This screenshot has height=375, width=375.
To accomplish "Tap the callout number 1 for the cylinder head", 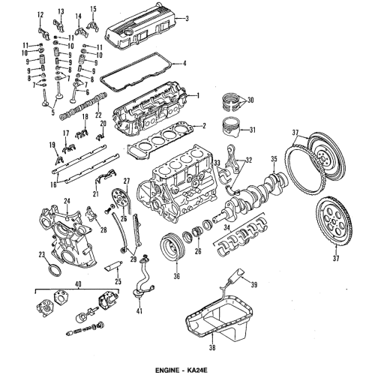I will click(197, 96).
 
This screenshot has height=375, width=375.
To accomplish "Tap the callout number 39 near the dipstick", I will click(254, 286).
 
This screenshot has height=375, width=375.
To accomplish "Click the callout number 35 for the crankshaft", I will click(274, 159).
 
